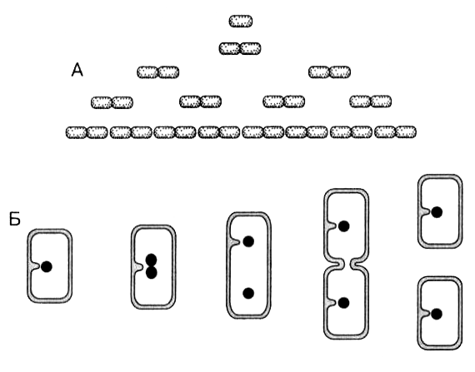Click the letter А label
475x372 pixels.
point(77,70)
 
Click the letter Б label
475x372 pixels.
point(14,219)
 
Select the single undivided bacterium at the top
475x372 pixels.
point(241,21)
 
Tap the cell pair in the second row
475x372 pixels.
point(240,48)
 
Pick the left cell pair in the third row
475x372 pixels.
point(157,72)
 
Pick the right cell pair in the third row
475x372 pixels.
point(330,72)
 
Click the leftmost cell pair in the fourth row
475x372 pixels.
point(112,102)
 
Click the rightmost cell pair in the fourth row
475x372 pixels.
point(371,102)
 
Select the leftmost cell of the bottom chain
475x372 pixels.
point(76,132)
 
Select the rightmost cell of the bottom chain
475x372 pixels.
point(406,131)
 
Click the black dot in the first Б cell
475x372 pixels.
point(47,266)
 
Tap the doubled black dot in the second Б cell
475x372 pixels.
point(151,266)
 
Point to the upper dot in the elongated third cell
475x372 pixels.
point(248,241)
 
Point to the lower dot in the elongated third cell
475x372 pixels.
point(248,293)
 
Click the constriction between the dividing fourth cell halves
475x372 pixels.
point(347,264)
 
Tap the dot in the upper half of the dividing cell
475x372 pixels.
point(343,226)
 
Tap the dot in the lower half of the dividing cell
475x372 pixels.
point(343,303)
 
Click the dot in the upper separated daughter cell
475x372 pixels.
point(437,212)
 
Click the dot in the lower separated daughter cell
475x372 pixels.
point(437,315)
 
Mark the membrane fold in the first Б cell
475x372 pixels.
point(35,266)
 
